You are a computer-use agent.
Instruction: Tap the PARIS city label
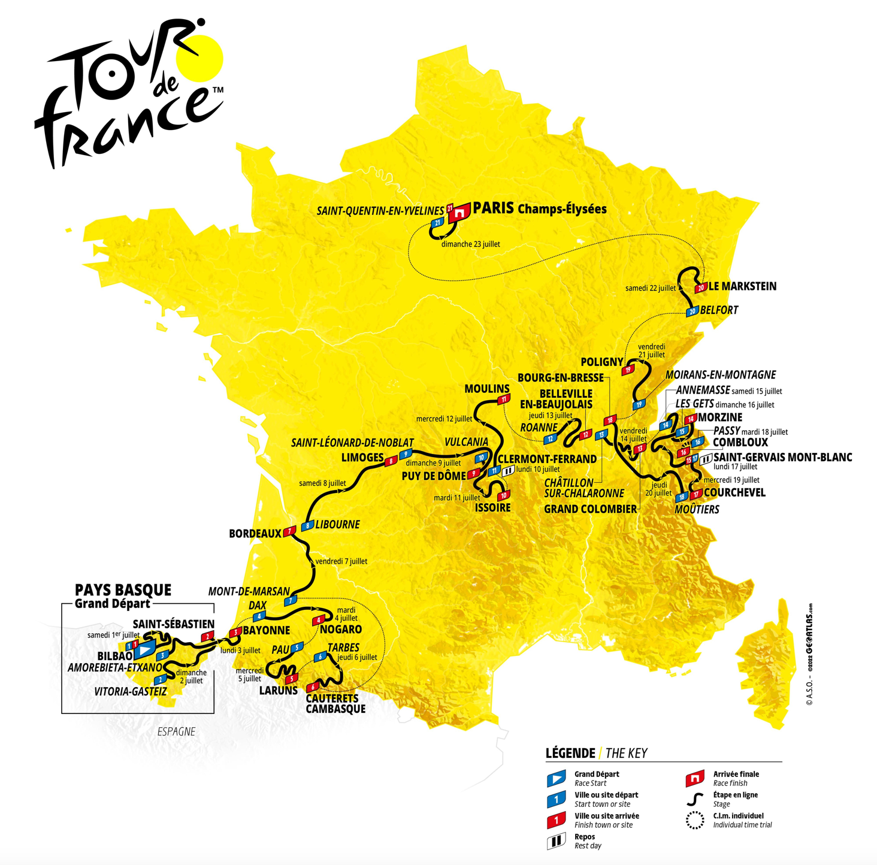point(493,208)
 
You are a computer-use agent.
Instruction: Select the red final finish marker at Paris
point(460,212)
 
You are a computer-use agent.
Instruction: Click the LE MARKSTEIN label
point(742,286)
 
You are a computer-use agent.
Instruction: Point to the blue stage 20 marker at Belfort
point(692,311)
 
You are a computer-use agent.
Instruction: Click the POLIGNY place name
point(601,362)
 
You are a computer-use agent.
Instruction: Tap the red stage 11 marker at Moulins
point(504,399)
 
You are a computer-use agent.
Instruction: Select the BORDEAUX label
point(255,533)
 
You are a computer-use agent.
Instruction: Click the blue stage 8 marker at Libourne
point(307,526)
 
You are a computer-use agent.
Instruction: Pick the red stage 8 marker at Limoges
point(391,461)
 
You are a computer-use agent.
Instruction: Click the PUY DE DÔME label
point(434,476)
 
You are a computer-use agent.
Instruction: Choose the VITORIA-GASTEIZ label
point(130,691)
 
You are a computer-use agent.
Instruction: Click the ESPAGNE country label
point(176,731)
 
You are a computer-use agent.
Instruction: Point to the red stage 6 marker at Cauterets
point(312,687)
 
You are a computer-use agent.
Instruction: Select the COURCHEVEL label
point(734,492)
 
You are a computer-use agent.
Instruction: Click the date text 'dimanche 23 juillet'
point(470,244)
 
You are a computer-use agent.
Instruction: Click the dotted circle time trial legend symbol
point(695,820)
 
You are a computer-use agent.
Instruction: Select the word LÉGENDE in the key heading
point(570,753)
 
